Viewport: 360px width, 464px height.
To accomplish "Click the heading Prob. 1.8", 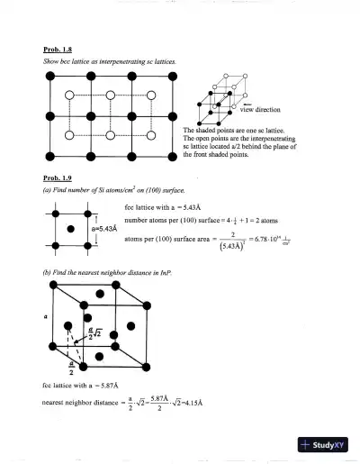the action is click(x=57, y=50).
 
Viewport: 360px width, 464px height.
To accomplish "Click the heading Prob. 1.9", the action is click(x=57, y=177).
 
